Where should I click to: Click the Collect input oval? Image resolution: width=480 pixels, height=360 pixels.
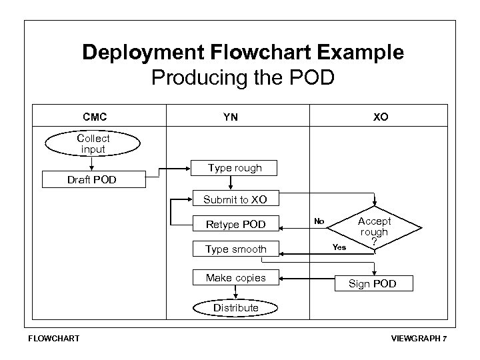point(93,144)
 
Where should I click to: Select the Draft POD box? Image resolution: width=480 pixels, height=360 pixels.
point(92,180)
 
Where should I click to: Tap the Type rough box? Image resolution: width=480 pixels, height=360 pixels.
point(235,169)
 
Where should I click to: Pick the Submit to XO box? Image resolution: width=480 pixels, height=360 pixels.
point(235,199)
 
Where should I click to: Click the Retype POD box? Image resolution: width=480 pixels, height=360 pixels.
point(235,224)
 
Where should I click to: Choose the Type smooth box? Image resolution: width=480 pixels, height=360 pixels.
point(235,249)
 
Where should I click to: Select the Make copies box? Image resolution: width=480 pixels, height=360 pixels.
point(235,277)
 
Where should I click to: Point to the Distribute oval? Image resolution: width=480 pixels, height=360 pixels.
point(235,307)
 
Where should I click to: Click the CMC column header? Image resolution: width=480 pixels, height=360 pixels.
point(93,117)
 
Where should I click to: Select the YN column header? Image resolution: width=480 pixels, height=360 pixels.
point(231,117)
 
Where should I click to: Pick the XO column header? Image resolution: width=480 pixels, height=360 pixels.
point(381,117)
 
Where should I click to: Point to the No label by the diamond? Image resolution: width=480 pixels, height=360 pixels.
point(319,221)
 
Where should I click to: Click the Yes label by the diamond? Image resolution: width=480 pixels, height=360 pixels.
point(339,247)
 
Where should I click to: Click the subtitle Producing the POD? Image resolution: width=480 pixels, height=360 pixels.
point(243,78)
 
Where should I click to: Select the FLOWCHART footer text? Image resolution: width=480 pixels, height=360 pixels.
point(53,338)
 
